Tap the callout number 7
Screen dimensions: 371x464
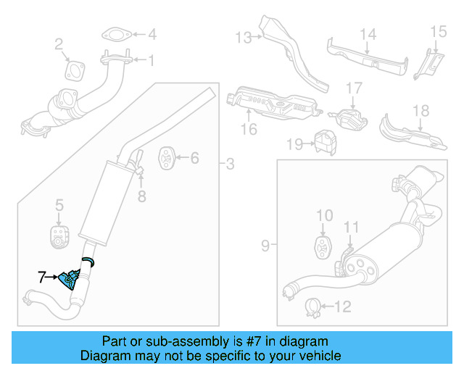click(x=42, y=276)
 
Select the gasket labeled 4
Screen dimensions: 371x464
click(x=112, y=34)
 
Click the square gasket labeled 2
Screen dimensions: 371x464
click(x=74, y=70)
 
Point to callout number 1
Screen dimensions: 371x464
click(x=151, y=62)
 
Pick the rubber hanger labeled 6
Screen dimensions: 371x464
click(x=165, y=157)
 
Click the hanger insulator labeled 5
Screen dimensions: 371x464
click(x=58, y=234)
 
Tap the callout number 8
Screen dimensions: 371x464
click(x=142, y=195)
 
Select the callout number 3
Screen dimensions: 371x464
click(x=230, y=164)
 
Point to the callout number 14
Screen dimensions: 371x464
click(x=368, y=33)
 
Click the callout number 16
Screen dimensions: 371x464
click(x=249, y=130)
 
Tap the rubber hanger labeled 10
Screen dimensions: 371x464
click(x=322, y=243)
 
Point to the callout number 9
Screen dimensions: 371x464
click(x=265, y=246)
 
